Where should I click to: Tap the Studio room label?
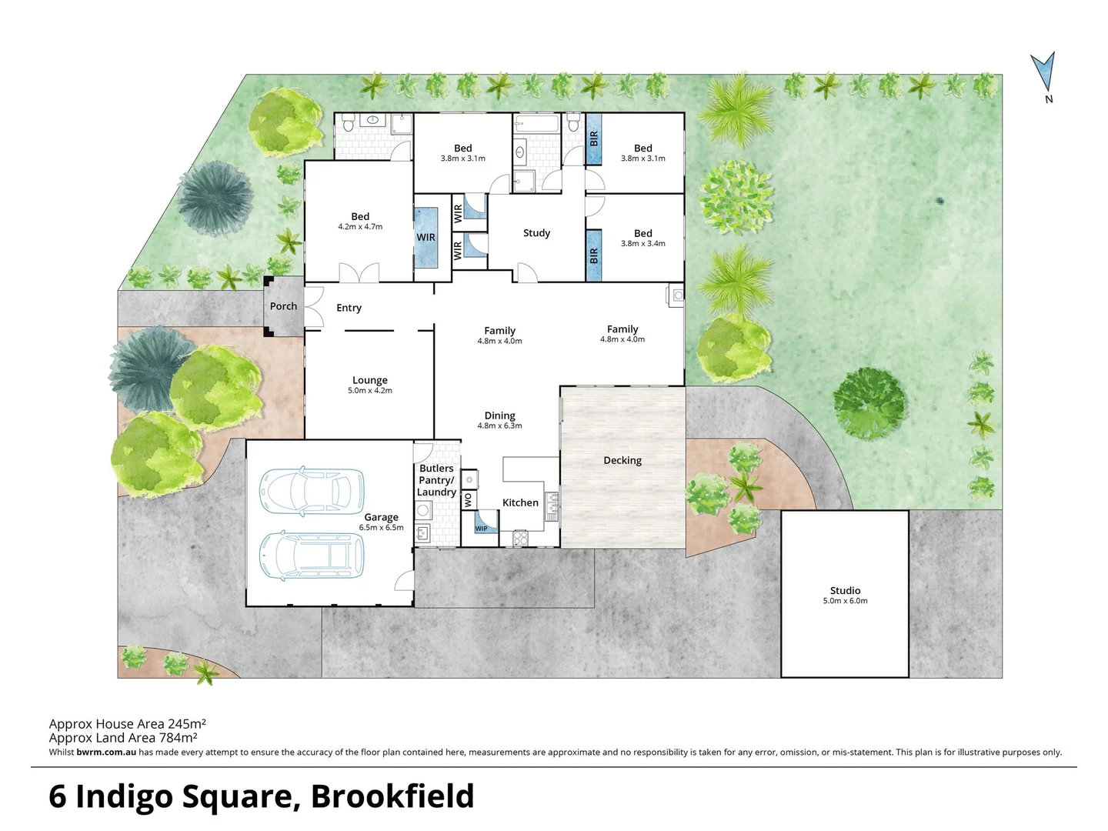point(845,591)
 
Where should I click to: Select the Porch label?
point(283,306)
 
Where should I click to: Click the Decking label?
point(622,460)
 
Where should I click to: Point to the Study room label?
point(536,233)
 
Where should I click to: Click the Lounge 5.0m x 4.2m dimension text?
point(370,391)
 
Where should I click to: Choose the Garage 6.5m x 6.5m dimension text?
point(382,528)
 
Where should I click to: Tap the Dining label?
point(500,415)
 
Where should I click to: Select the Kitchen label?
point(520,502)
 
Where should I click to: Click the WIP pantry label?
point(482,529)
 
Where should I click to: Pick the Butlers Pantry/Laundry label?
point(436,480)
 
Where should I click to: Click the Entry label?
point(349,308)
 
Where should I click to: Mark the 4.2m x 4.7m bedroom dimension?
point(360,227)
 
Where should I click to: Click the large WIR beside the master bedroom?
point(426,238)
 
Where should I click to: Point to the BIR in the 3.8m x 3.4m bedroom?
point(593,255)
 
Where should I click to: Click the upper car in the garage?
point(312,490)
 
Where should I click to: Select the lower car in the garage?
point(312,555)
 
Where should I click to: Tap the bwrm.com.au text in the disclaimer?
point(106,753)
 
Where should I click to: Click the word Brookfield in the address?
point(392,796)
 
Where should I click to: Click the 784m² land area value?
point(178,738)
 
